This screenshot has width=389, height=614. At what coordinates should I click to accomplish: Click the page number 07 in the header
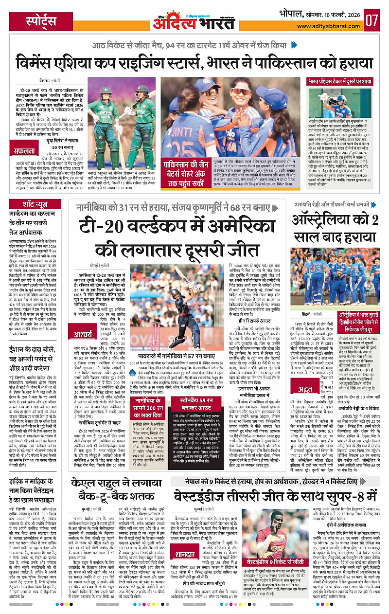[x=372, y=20]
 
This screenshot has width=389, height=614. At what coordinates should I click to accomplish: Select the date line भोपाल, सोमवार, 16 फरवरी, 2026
[x=322, y=14]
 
